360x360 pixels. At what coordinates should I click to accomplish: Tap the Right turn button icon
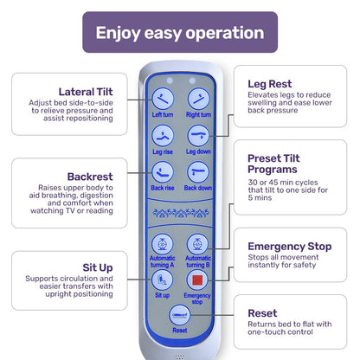click(198, 99)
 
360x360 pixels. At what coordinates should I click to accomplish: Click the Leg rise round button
click(163, 136)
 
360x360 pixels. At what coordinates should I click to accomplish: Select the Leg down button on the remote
click(198, 136)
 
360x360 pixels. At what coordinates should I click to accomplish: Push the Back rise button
click(163, 172)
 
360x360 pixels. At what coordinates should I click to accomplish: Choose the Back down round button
click(198, 172)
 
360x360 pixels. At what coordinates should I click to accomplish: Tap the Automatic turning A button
click(163, 244)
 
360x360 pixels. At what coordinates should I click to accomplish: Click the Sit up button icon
click(163, 280)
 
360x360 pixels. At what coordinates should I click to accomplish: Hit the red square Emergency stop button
click(197, 280)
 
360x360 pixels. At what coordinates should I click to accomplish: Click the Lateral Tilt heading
click(86, 92)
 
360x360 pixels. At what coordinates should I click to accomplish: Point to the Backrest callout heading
click(90, 177)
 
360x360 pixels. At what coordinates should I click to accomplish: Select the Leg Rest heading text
click(270, 84)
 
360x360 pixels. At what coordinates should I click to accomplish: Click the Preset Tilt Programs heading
click(273, 164)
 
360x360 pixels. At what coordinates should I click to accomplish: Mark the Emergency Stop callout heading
click(290, 247)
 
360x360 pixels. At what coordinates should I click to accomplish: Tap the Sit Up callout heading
click(98, 267)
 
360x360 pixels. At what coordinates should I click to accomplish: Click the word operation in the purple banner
click(225, 33)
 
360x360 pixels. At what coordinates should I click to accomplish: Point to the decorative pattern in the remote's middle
click(181, 213)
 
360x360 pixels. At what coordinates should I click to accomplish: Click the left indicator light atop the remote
click(170, 80)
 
